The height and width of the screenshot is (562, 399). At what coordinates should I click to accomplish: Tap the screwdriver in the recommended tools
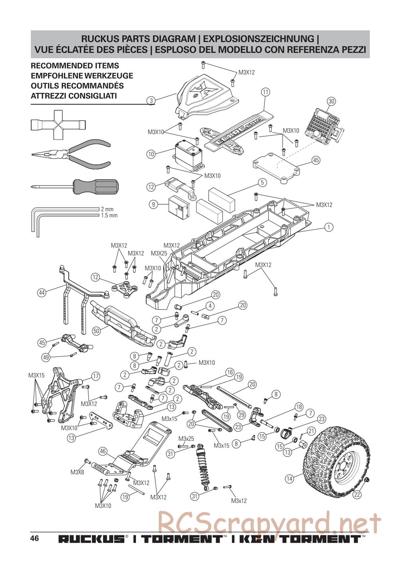[76, 186]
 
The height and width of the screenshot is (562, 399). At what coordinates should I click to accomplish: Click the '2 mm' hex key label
[107, 209]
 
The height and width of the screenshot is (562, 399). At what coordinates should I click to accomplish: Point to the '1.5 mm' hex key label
[109, 215]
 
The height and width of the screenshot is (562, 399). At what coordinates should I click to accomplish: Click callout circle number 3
[151, 101]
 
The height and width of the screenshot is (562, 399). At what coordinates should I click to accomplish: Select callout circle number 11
[266, 92]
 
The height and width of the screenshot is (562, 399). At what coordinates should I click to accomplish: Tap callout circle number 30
[331, 102]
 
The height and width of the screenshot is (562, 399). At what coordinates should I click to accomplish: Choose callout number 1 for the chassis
[328, 227]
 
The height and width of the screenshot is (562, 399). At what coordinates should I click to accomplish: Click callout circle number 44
[42, 293]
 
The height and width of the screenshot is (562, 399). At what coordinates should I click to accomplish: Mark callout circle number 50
[96, 331]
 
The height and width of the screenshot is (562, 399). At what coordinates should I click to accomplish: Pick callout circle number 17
[95, 376]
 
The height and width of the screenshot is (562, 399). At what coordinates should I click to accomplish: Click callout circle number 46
[103, 451]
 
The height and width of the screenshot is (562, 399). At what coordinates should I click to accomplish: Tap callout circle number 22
[357, 494]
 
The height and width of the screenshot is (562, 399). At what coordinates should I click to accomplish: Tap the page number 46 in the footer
[34, 538]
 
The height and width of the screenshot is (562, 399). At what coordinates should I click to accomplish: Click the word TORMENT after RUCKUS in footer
[182, 539]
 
